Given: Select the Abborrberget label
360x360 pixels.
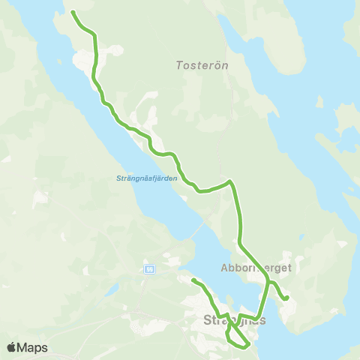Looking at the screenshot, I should pyautogui.click(x=256, y=267).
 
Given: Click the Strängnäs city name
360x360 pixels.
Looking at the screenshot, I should pyautogui.click(x=234, y=320).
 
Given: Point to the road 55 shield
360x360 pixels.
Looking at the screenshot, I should pyautogui.click(x=150, y=269).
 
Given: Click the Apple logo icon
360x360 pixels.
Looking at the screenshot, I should pyautogui.click(x=10, y=347).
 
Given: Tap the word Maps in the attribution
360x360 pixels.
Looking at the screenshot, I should pyautogui.click(x=32, y=347).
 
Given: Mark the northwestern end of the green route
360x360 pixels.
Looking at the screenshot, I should pyautogui.click(x=73, y=12).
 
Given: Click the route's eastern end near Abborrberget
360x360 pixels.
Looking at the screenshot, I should pyautogui.click(x=286, y=299).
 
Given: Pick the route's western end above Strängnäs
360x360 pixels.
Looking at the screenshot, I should pyautogui.click(x=193, y=280).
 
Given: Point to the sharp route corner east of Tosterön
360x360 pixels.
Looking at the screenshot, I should pyautogui.click(x=230, y=181).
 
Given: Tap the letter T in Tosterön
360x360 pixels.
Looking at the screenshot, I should pyautogui.click(x=178, y=65).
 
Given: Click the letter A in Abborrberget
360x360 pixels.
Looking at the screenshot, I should pyautogui.click(x=225, y=267).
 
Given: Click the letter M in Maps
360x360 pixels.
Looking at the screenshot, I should pyautogui.click(x=24, y=347).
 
